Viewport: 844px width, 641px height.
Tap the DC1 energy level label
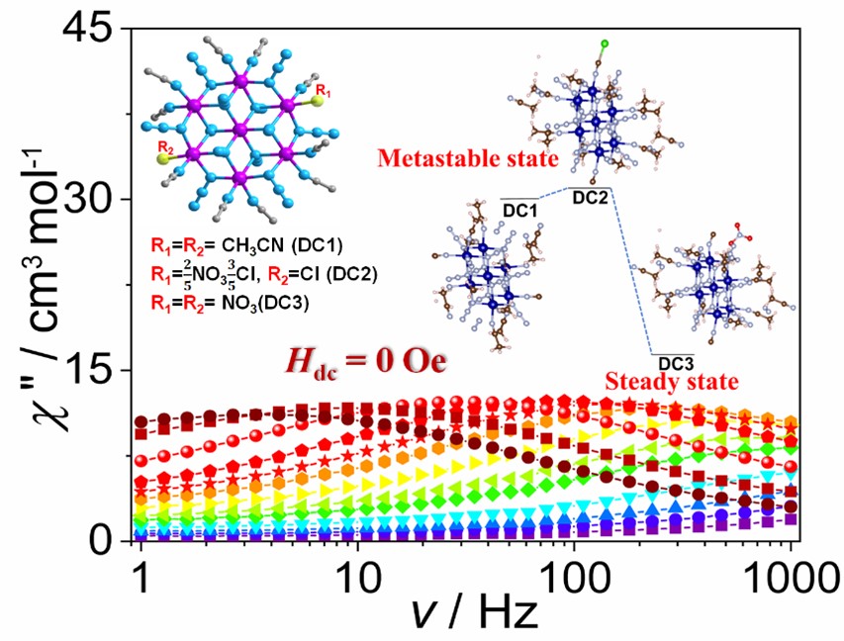(520, 210)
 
